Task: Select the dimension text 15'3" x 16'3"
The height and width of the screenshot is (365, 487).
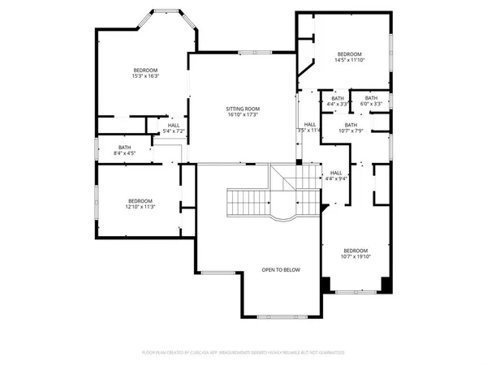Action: tap(145, 76)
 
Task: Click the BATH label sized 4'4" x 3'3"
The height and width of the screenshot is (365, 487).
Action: tap(338, 98)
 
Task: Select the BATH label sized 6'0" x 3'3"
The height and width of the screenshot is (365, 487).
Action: tap(371, 98)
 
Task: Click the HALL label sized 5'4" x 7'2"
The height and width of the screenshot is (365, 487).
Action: tap(174, 125)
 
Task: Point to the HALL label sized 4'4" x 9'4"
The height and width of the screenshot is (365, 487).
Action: tap(336, 173)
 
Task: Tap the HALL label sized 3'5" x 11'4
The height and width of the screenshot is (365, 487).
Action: tap(309, 124)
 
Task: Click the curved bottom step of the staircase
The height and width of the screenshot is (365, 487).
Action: tap(283, 219)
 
